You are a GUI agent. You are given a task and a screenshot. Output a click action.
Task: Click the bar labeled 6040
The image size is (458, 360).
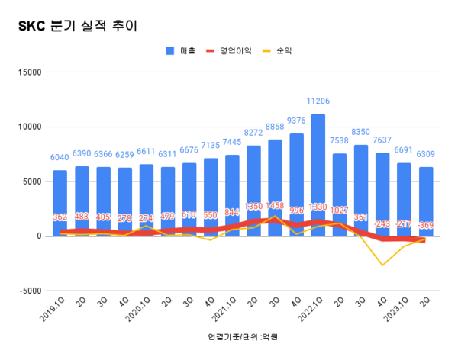[60, 202]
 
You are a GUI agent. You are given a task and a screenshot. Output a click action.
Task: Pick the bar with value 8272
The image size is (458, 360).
[253, 190]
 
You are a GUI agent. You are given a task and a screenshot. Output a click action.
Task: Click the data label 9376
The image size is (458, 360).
[297, 120]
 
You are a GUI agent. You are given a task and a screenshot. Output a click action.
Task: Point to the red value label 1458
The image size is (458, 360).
[275, 206]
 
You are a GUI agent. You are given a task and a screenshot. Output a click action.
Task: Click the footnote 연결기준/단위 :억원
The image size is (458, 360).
[243, 336]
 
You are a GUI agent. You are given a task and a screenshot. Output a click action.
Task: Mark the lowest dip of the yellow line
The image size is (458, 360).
[382, 265]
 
